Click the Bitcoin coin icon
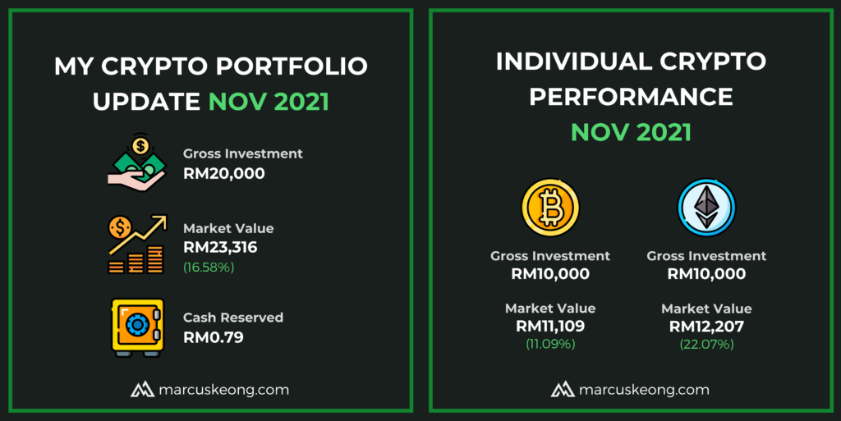pos(550,208)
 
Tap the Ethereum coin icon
pos(706,208)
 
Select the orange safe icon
pos(137,327)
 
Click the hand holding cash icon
pos(137,162)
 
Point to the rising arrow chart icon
pos(137,245)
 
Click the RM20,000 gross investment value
pos(223,173)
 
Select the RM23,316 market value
pos(220,248)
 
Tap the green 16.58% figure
pos(209,268)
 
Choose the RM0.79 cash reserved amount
pos(214,337)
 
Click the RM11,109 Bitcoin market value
pos(550,326)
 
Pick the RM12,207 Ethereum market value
pos(706,326)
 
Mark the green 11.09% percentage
pos(550,344)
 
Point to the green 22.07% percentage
pos(706,344)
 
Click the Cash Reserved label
pos(232,318)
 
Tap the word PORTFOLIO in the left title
pos(292,66)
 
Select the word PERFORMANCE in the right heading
pos(631,97)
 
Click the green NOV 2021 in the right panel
pos(631,132)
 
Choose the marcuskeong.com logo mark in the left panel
pos(142,389)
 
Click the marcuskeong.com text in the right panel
pos(644,390)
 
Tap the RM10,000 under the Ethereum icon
pos(706,274)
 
